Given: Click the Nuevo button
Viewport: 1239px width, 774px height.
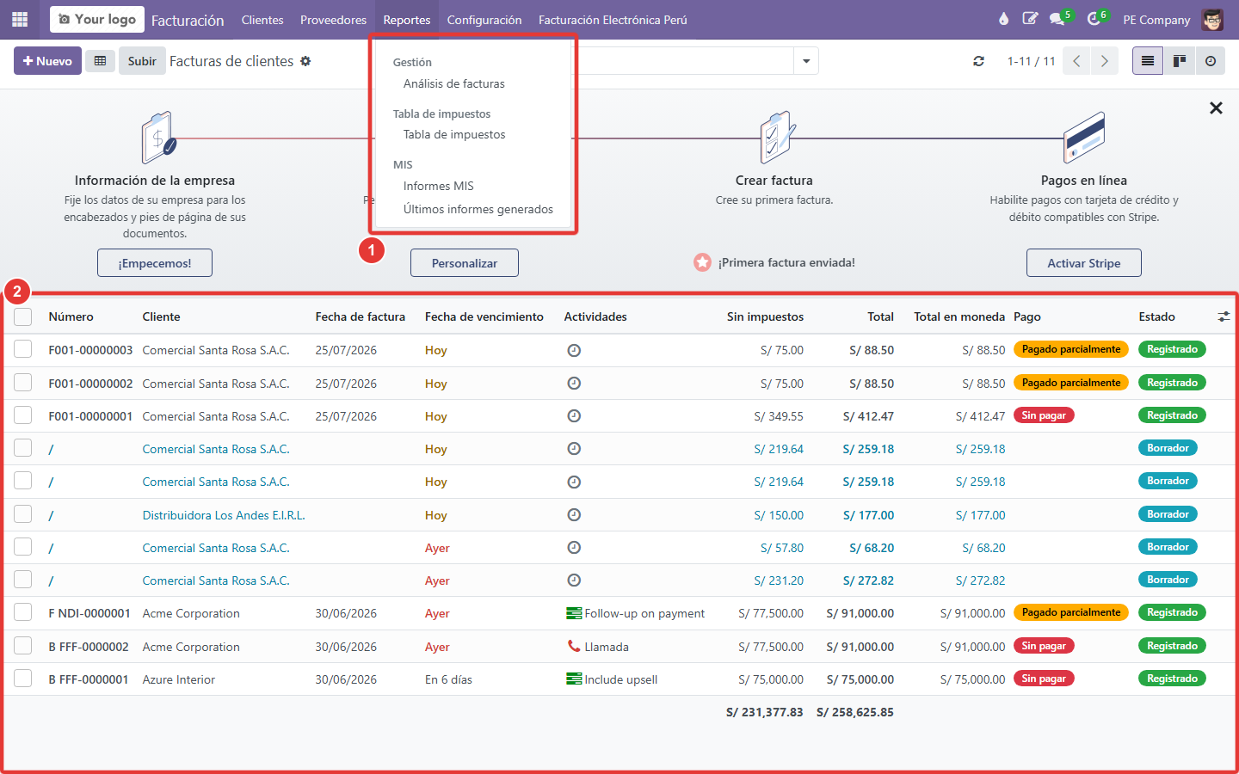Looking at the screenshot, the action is (47, 61).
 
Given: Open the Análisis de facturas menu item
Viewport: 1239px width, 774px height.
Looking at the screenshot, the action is (453, 83).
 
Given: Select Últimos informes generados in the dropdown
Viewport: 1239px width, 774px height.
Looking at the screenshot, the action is (478, 209).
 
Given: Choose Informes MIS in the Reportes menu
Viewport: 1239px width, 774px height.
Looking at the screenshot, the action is (438, 186).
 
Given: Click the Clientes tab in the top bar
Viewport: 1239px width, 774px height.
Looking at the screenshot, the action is (262, 20).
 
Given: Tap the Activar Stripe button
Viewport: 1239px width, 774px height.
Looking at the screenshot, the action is (1083, 262).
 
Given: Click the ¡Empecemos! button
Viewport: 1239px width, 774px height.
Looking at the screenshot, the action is (154, 262).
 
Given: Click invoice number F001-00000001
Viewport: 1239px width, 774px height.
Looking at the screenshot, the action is (90, 415).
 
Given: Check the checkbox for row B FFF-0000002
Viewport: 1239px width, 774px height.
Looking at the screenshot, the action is (22, 646).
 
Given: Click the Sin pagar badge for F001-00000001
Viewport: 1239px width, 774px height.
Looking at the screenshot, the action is (1043, 415).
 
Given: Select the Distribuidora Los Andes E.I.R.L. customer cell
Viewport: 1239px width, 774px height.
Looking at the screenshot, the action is (224, 514).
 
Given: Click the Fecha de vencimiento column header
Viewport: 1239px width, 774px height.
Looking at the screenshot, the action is (484, 316).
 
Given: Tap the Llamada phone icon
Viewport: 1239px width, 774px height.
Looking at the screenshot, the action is (574, 646).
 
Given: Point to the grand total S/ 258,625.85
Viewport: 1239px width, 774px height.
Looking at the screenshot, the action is (854, 712).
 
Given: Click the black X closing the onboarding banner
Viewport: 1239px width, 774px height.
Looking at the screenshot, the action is (1216, 107).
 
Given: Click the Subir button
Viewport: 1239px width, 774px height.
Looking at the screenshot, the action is (142, 61).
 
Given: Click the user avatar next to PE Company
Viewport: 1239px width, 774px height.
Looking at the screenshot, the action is (1212, 20).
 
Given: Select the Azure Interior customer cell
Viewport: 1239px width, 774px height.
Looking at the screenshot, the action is (178, 679).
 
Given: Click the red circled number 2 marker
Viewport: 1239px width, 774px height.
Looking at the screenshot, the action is (17, 291).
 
